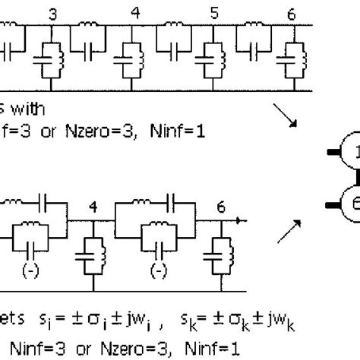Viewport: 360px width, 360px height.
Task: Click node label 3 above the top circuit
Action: click(52, 13)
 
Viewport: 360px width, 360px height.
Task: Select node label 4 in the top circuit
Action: click(135, 13)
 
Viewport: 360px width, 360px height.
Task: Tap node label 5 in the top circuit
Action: click(214, 13)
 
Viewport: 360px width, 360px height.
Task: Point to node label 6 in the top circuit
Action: click(293, 13)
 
